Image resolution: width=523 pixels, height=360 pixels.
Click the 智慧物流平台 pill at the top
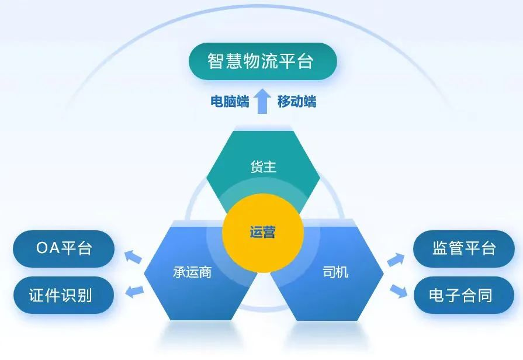coord(262,61)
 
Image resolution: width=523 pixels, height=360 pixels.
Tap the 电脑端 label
coord(230,102)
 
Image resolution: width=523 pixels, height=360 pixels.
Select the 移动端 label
coord(296,102)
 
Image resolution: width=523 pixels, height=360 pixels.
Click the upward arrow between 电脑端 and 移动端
coord(262,101)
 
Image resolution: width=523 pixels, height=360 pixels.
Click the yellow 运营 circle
coord(263,233)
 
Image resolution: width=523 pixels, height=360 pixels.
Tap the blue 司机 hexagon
coord(330,273)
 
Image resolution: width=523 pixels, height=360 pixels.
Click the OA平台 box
coord(64,248)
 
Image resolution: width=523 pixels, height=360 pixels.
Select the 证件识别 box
coord(64,295)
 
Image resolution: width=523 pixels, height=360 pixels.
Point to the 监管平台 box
coord(464,248)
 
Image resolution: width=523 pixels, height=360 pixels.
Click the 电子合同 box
coord(464,295)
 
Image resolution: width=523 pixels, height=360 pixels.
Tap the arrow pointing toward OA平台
coord(133,257)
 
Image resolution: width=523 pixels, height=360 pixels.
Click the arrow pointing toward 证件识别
coord(134,292)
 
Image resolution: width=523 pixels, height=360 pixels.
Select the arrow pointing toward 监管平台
coord(396,259)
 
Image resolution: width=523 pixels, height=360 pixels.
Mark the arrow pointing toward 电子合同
coord(399,291)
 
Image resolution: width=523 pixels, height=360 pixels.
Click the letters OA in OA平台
coord(48,248)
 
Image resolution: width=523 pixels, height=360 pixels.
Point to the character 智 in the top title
coord(216,61)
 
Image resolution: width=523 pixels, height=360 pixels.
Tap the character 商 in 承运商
coord(205,272)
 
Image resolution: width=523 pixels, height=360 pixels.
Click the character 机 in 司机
coord(342,272)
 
